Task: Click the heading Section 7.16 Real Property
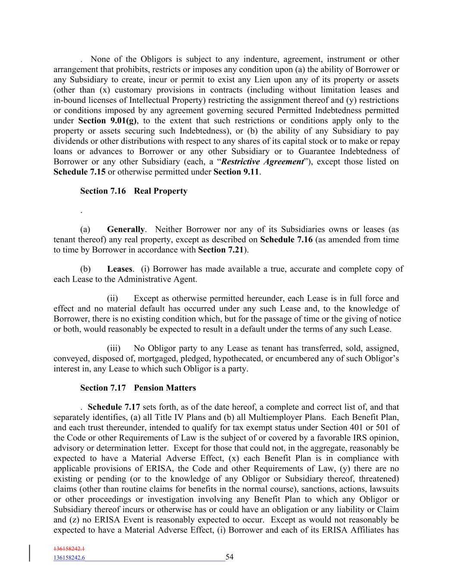coord(134,191)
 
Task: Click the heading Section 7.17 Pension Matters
coord(138,388)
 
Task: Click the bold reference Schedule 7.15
coord(79,172)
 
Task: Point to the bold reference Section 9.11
coord(236,172)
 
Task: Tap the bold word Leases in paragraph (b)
coord(119,269)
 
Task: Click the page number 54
coord(229,557)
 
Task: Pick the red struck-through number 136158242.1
coord(69,549)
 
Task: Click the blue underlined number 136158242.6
coord(69,558)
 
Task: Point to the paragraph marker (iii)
coord(113,348)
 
